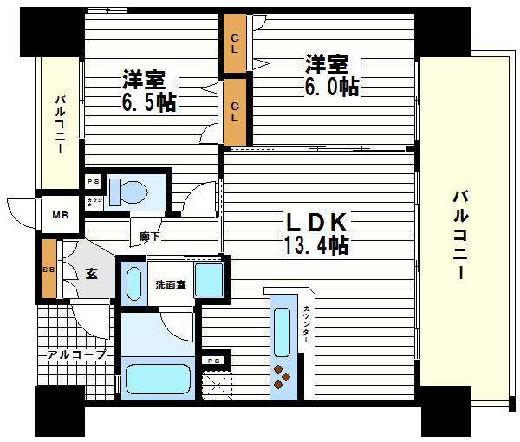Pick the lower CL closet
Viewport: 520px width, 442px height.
click(x=234, y=110)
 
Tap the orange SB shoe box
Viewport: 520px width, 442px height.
click(x=49, y=269)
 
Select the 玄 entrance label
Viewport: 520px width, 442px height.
click(x=90, y=274)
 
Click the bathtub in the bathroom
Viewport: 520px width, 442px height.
click(x=158, y=379)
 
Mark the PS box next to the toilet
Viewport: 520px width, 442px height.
click(x=93, y=181)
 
